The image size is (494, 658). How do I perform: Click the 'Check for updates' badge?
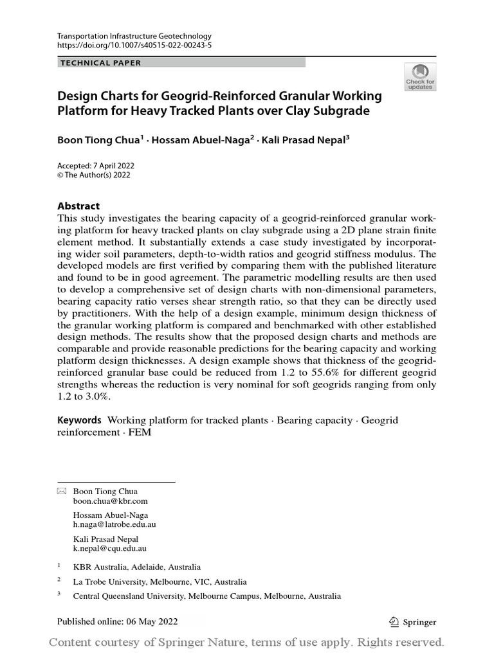[x=420, y=76]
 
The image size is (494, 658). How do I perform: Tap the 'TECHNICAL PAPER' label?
[x=100, y=63]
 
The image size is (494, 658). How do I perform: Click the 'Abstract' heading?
[x=78, y=206]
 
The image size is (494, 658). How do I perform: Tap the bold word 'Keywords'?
[x=79, y=420]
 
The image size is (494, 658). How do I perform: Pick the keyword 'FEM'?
[x=138, y=433]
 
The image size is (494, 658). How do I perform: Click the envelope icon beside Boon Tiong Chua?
[x=62, y=491]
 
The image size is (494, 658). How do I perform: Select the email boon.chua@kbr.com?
[x=110, y=501]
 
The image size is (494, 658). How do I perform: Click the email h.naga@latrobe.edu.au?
[x=114, y=524]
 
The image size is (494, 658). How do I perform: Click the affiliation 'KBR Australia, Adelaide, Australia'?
[x=136, y=567]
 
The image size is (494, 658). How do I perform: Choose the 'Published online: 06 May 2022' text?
[x=117, y=621]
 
